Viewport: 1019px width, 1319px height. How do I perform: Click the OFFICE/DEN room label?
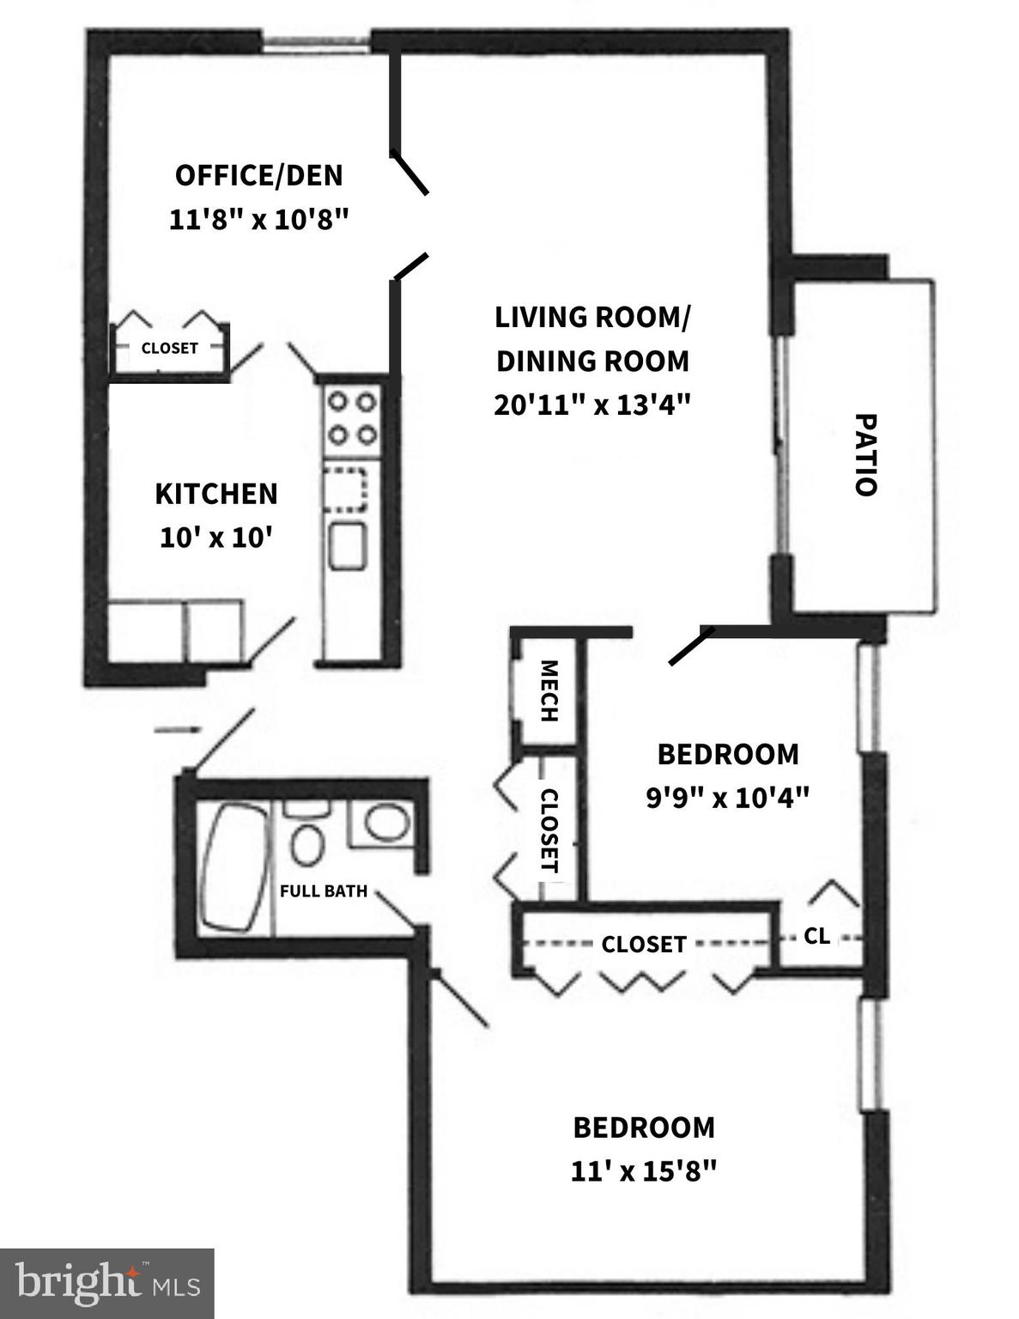pos(258,175)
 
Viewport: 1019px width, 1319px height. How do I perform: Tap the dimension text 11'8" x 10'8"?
pos(258,220)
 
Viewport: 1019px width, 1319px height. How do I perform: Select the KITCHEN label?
pos(216,494)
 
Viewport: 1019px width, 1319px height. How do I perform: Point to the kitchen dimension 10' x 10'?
pos(216,538)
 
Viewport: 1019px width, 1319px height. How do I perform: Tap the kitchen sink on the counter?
pos(348,545)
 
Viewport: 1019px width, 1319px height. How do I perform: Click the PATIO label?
pos(865,454)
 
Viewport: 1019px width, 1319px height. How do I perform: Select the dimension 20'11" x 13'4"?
pos(592,404)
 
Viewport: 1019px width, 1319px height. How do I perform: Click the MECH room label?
pos(549,691)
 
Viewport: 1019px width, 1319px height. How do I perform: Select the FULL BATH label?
pos(324,891)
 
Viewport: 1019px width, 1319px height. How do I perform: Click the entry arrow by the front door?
pos(177,731)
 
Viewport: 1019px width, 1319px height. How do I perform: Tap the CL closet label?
pos(817,936)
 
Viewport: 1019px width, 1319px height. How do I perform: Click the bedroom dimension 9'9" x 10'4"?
pos(727,798)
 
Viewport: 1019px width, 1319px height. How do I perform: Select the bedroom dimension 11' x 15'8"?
pos(643,1170)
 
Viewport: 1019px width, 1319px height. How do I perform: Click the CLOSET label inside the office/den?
pos(169,348)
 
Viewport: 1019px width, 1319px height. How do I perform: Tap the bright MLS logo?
pos(106,1284)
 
